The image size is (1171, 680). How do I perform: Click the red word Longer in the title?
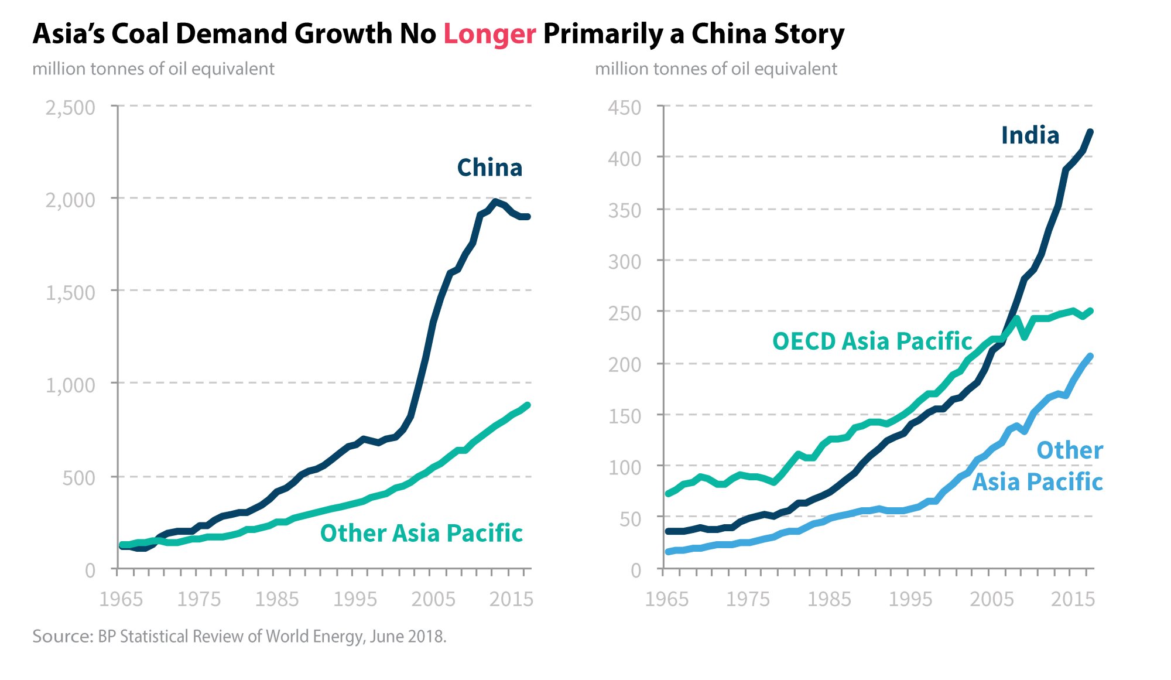pyautogui.click(x=489, y=34)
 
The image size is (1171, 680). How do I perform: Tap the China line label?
pyautogui.click(x=489, y=168)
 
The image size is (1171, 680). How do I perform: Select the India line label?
pyautogui.click(x=1030, y=136)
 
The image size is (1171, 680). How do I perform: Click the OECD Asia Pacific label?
pyautogui.click(x=872, y=341)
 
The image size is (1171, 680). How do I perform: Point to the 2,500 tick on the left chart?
pyautogui.click(x=70, y=108)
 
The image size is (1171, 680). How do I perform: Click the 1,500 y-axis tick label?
pyautogui.click(x=70, y=292)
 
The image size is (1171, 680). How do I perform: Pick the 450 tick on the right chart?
pyautogui.click(x=624, y=108)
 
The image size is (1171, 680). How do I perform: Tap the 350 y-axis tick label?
pyautogui.click(x=624, y=210)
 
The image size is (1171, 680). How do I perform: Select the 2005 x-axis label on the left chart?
pyautogui.click(x=433, y=599)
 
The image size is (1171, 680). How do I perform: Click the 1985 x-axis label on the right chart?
pyautogui.click(x=829, y=599)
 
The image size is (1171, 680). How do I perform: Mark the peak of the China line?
pyautogui.click(x=495, y=202)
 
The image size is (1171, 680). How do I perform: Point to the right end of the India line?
pyautogui.click(x=1090, y=132)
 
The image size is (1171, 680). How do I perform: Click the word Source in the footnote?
pyautogui.click(x=61, y=637)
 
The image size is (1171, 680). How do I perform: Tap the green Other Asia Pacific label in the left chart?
pyautogui.click(x=421, y=534)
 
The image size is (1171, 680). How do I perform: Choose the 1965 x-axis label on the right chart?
pyautogui.click(x=667, y=599)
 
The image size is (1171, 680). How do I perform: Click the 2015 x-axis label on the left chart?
pyautogui.click(x=511, y=599)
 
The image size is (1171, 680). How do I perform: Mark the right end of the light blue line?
pyautogui.click(x=1090, y=356)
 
